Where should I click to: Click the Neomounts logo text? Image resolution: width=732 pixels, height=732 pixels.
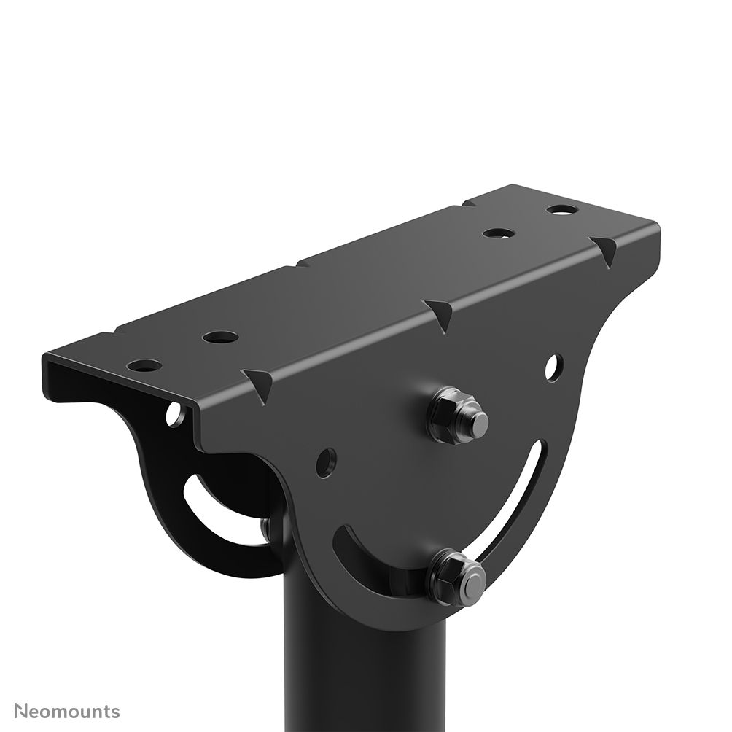[67, 711]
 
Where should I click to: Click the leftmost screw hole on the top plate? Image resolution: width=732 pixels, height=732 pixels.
[144, 365]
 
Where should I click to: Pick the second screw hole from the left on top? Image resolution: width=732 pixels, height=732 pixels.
[220, 337]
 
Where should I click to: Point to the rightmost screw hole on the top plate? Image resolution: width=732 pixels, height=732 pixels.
[562, 209]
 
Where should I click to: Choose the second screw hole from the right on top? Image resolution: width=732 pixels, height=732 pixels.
[499, 233]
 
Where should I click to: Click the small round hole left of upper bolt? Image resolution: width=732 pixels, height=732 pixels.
[326, 462]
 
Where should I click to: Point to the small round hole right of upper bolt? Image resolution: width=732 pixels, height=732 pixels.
[553, 367]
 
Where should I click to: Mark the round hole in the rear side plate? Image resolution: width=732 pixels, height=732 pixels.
[175, 414]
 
